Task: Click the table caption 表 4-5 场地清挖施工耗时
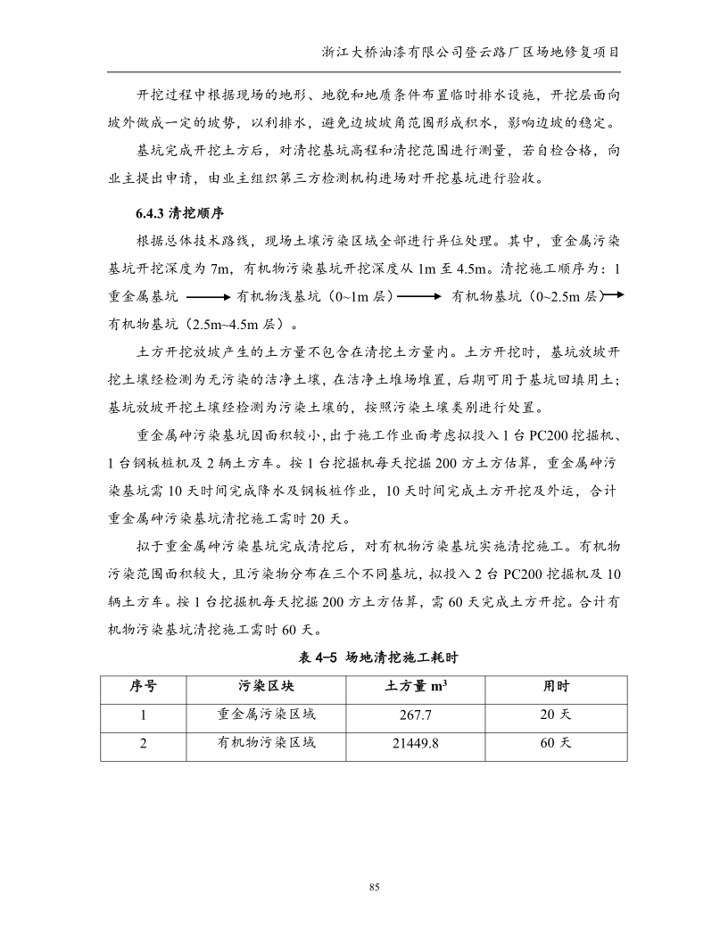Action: pyautogui.click(x=363, y=657)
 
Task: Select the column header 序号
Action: pyautogui.click(x=143, y=687)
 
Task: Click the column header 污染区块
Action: pyautogui.click(x=267, y=687)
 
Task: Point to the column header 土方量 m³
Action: pyautogui.click(x=416, y=687)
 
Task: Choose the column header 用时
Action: pyautogui.click(x=557, y=687)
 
